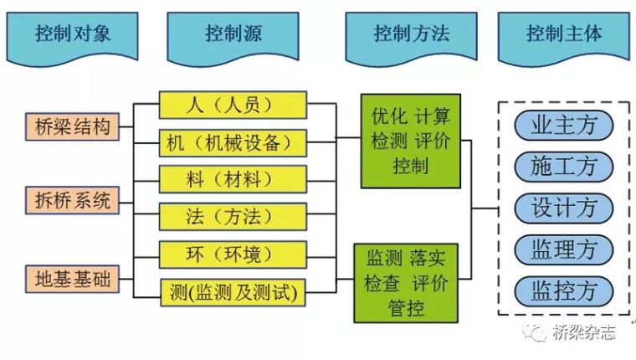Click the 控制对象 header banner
tap(74, 35)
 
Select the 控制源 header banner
tap(232, 35)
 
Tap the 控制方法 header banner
tap(410, 35)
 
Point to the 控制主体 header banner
tap(564, 35)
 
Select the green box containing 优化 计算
tap(410, 140)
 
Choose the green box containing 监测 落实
tap(407, 282)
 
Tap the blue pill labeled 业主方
tap(564, 126)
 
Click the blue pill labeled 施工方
tap(564, 166)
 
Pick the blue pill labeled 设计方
tap(564, 206)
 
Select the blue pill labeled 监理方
tap(564, 248)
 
